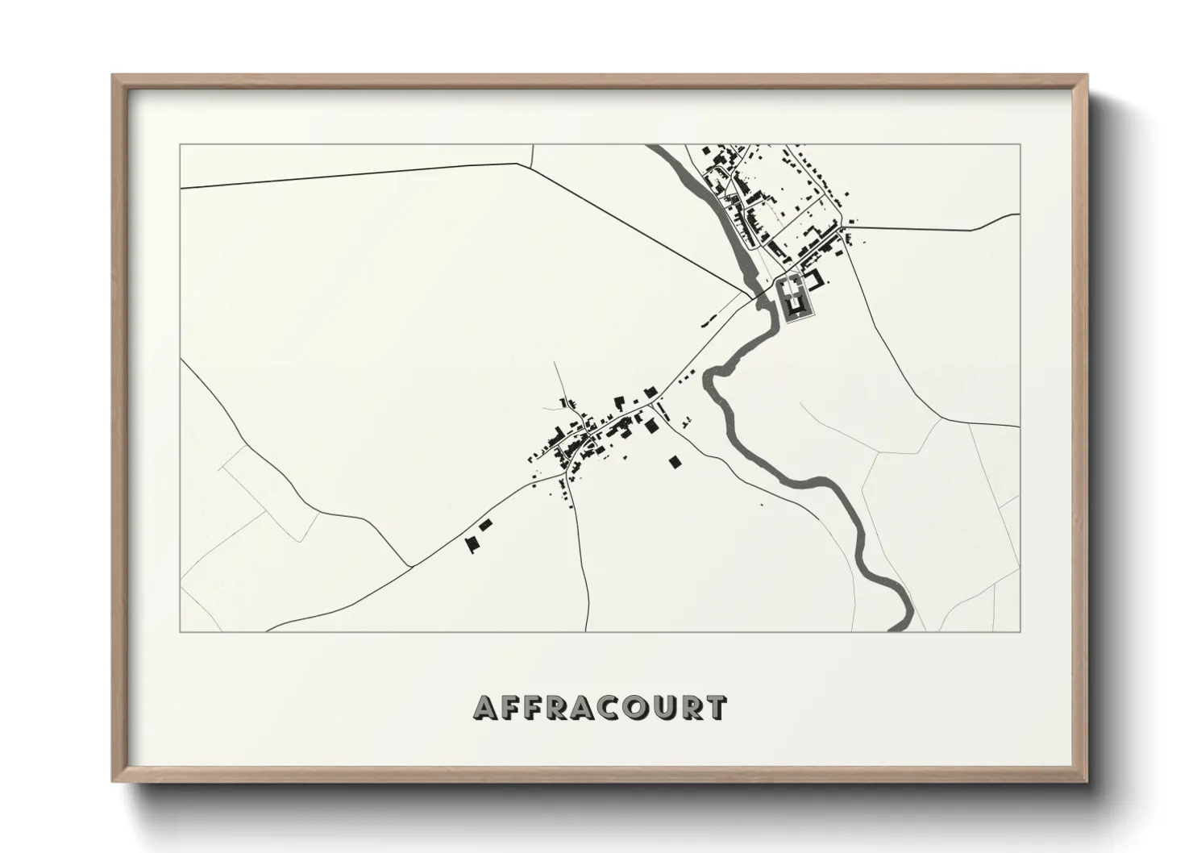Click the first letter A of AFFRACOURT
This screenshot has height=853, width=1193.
487,708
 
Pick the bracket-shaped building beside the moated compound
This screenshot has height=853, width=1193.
817,279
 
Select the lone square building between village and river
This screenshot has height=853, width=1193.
675,461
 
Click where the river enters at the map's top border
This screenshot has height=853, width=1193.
656,146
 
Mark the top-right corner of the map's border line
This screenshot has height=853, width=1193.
1020,144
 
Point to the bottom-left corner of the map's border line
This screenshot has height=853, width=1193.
180,631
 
